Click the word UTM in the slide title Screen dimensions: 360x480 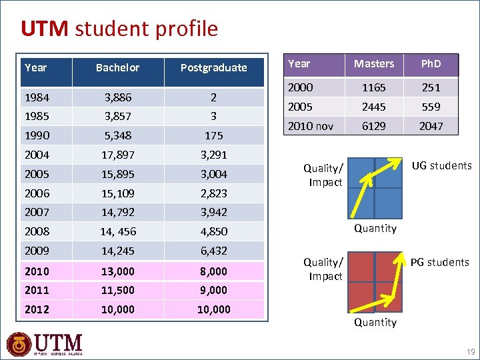point(44,29)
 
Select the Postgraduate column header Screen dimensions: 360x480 point(213,67)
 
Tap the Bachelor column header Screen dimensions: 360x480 point(117,67)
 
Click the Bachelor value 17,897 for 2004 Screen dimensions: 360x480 point(117,155)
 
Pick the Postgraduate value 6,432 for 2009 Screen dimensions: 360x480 point(213,251)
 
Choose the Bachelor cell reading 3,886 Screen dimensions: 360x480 point(117,97)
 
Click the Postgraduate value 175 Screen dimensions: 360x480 point(213,135)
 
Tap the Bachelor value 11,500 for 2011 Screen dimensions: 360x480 point(117,290)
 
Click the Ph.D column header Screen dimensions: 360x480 point(431,64)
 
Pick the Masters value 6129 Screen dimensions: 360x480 point(373,125)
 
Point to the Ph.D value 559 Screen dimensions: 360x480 point(431,106)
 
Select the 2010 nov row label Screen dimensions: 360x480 point(310,125)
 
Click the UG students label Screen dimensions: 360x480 point(441,165)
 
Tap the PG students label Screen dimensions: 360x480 point(439,262)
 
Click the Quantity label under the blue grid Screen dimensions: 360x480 point(375,228)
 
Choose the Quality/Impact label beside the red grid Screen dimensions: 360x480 point(323,269)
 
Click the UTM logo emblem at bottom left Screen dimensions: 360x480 point(19,345)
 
